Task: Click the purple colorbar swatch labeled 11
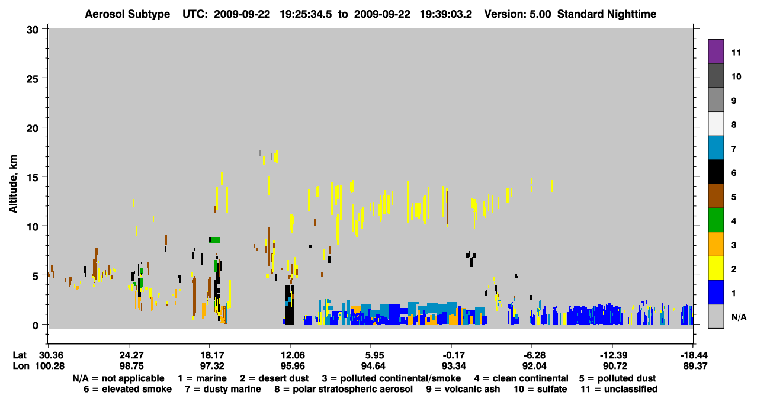[716, 51]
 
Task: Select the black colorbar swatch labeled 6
[716, 172]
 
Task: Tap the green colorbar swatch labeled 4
[716, 220]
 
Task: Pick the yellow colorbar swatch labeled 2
[716, 268]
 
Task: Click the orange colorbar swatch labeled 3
[716, 244]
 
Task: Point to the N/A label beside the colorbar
[739, 317]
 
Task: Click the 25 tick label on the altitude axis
[33, 79]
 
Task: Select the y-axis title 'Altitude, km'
[12, 184]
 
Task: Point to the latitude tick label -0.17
[453, 355]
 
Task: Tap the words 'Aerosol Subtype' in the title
[127, 14]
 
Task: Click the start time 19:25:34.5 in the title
[306, 14]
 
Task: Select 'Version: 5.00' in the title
[518, 14]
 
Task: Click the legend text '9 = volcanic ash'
[463, 389]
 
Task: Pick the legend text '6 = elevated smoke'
[127, 389]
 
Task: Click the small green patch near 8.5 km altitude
[216, 240]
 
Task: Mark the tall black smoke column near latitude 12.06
[290, 304]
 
